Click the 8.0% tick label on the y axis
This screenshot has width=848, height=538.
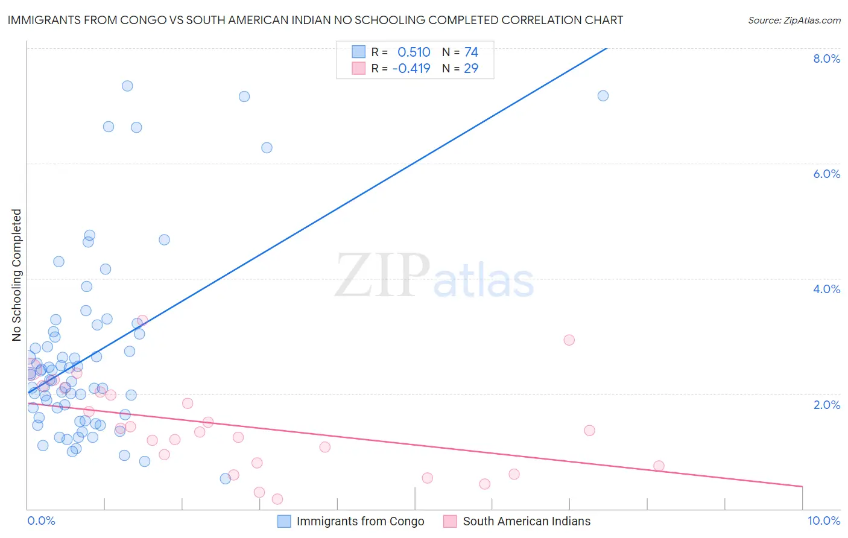tap(826, 59)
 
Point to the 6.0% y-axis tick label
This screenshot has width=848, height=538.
tap(826, 174)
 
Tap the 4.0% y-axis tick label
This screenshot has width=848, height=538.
tap(826, 289)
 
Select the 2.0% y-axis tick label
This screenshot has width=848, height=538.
tap(826, 405)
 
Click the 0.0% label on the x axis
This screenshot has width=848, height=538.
tap(41, 521)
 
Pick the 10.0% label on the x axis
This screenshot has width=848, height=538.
tap(823, 521)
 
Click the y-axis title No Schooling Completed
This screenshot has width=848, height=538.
tap(17, 275)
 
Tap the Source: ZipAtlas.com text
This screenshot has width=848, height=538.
tap(794, 20)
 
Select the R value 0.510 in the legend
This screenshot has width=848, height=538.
tap(414, 52)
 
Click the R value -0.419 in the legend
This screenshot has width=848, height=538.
tap(411, 68)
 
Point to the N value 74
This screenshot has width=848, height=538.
tap(471, 52)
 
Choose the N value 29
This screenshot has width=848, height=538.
tap(471, 68)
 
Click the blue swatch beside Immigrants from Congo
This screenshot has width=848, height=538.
tap(284, 521)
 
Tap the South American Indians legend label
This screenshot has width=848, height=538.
tap(527, 521)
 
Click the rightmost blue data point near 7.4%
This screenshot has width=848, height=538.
tap(603, 96)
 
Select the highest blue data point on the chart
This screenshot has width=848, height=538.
tap(127, 86)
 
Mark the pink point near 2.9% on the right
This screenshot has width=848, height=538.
tap(569, 340)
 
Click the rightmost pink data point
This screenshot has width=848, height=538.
tap(659, 466)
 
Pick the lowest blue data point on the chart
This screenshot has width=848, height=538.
tap(225, 479)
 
